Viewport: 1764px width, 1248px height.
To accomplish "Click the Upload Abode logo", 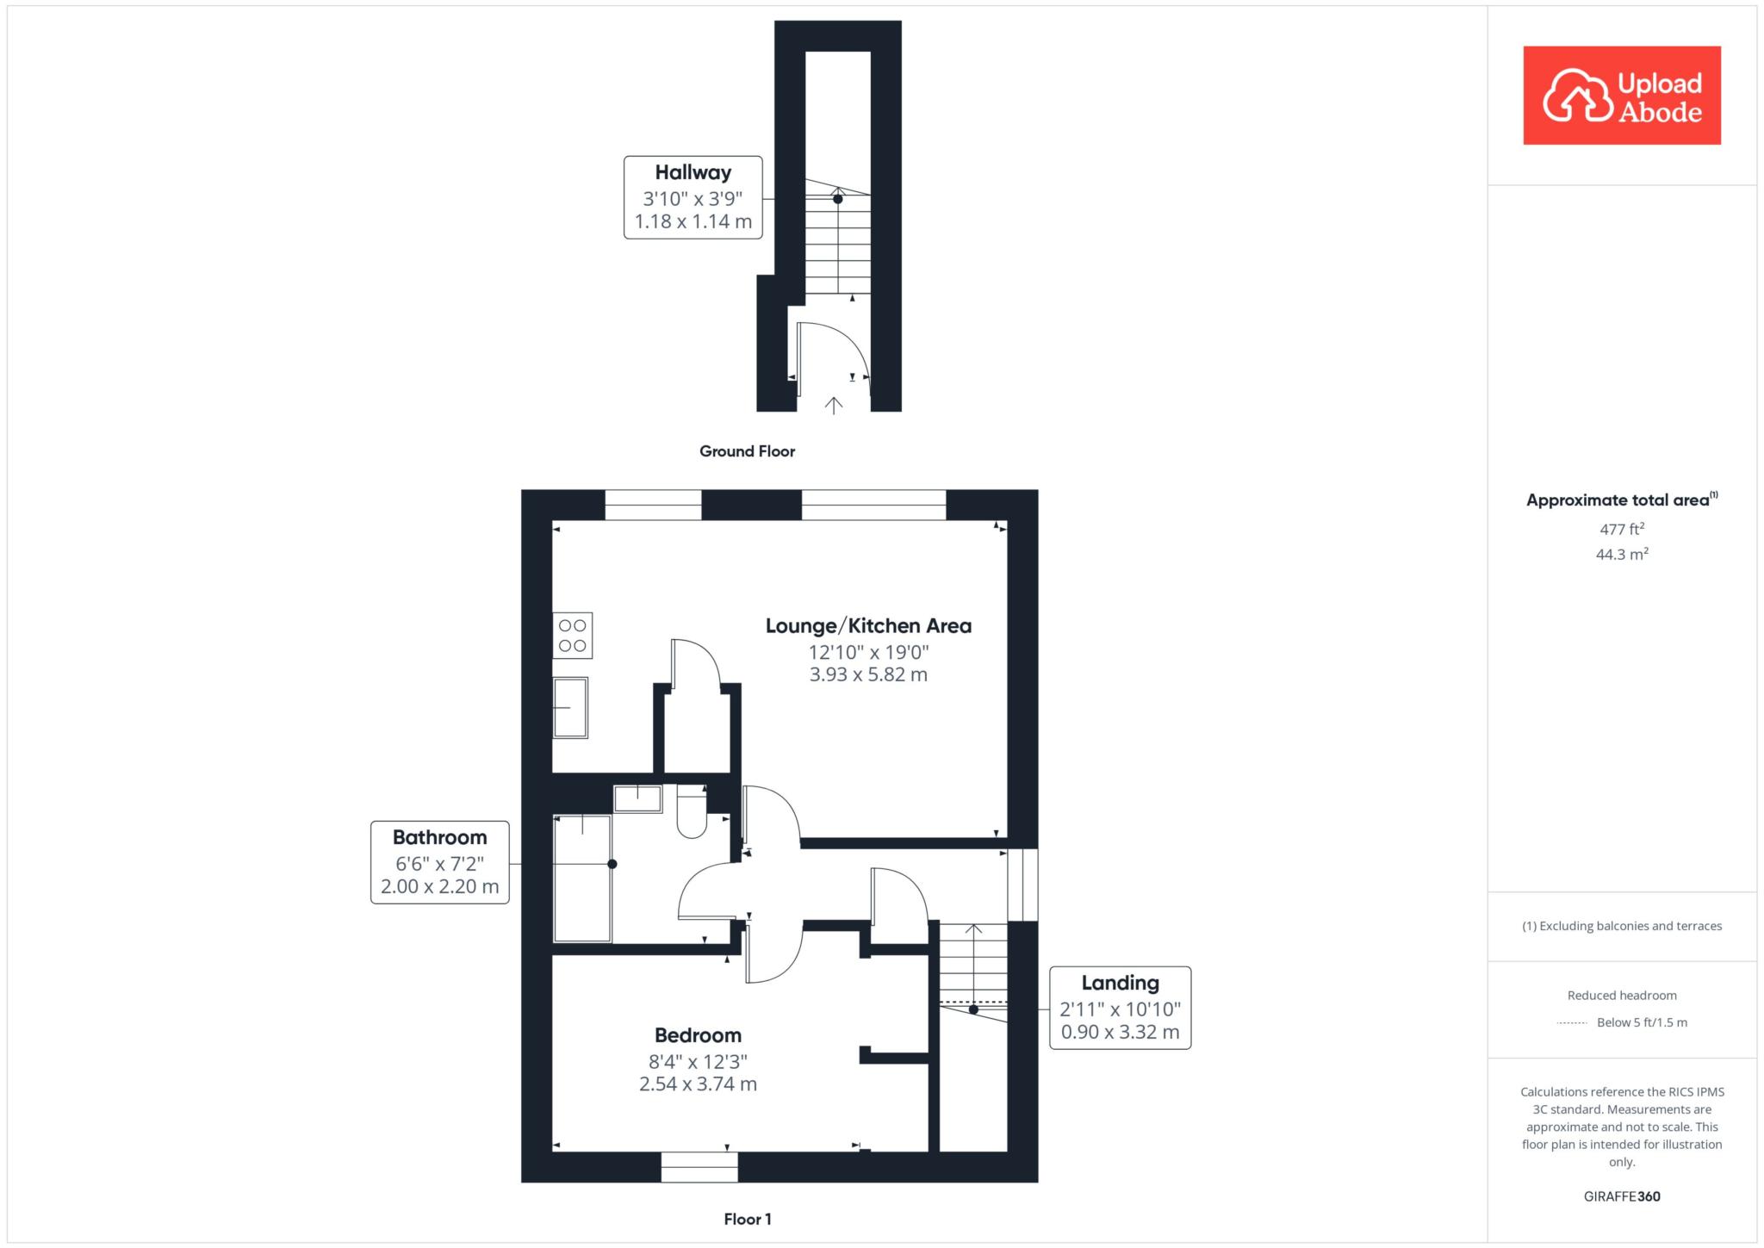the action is point(1622,96).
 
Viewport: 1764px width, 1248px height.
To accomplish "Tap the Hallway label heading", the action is point(693,172).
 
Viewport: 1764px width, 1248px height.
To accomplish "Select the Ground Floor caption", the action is point(747,451).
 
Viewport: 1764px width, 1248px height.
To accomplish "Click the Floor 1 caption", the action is point(748,1219).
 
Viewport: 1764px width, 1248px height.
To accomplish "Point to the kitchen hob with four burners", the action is point(573,636).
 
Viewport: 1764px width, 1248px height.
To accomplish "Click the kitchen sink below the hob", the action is point(570,708).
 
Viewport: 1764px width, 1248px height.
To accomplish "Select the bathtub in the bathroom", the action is point(582,878).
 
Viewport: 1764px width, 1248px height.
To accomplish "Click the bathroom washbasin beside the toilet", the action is point(637,798).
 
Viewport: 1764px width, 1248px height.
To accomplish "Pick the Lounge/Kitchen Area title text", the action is point(868,626).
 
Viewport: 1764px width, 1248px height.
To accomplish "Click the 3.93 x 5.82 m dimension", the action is point(868,675).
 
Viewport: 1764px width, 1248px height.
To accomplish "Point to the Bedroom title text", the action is point(698,1035).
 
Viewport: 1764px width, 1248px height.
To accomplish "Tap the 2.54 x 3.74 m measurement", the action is point(698,1084).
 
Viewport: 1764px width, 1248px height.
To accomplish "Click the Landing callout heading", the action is point(1120,983).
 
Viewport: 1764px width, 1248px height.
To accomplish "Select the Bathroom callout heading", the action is point(439,837).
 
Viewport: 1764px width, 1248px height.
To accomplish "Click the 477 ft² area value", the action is point(1622,530).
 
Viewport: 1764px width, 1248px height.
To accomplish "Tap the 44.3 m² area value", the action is point(1622,555).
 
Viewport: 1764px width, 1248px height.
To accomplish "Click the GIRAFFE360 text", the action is point(1622,1196).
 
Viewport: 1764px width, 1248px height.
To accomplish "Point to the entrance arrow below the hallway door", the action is point(833,405).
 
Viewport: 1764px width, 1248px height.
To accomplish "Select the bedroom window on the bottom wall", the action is point(699,1167).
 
